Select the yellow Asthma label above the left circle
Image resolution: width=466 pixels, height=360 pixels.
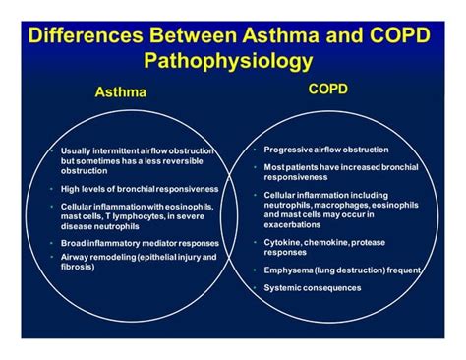tap(117, 91)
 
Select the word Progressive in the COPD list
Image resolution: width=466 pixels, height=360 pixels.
tap(286, 149)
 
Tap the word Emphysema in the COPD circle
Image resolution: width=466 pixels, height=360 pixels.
tap(287, 268)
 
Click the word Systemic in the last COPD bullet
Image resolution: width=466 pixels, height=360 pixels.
tap(282, 287)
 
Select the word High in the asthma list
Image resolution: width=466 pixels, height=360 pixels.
tap(71, 188)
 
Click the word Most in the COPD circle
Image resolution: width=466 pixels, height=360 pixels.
tap(273, 168)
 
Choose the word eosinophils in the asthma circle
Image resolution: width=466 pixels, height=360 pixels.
tap(178, 205)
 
